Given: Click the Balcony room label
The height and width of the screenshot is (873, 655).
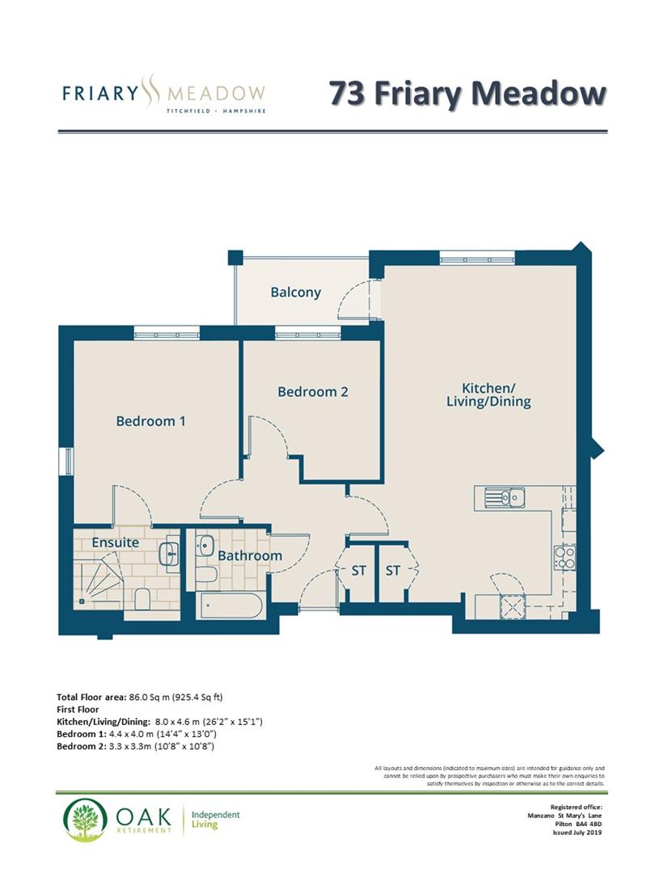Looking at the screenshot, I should (x=296, y=293).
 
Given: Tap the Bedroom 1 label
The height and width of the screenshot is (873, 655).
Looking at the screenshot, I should (x=151, y=421).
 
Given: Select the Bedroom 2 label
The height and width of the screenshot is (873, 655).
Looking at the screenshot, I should (x=312, y=392).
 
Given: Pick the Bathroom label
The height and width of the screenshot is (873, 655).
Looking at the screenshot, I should (x=249, y=555).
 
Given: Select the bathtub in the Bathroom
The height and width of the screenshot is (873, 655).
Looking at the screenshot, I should (x=230, y=606).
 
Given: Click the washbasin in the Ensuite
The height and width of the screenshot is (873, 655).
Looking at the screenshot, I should (x=170, y=552).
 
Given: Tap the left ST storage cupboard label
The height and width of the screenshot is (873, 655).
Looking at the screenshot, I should (x=358, y=571).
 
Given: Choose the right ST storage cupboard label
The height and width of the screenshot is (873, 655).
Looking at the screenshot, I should (x=393, y=571).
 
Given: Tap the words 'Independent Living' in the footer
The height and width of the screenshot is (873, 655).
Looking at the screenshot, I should (x=215, y=820).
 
